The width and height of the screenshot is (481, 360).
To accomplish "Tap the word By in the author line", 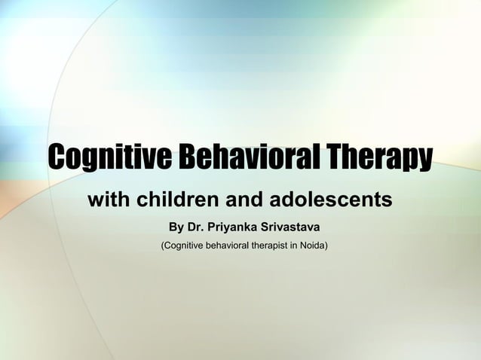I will pos(176,227).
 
